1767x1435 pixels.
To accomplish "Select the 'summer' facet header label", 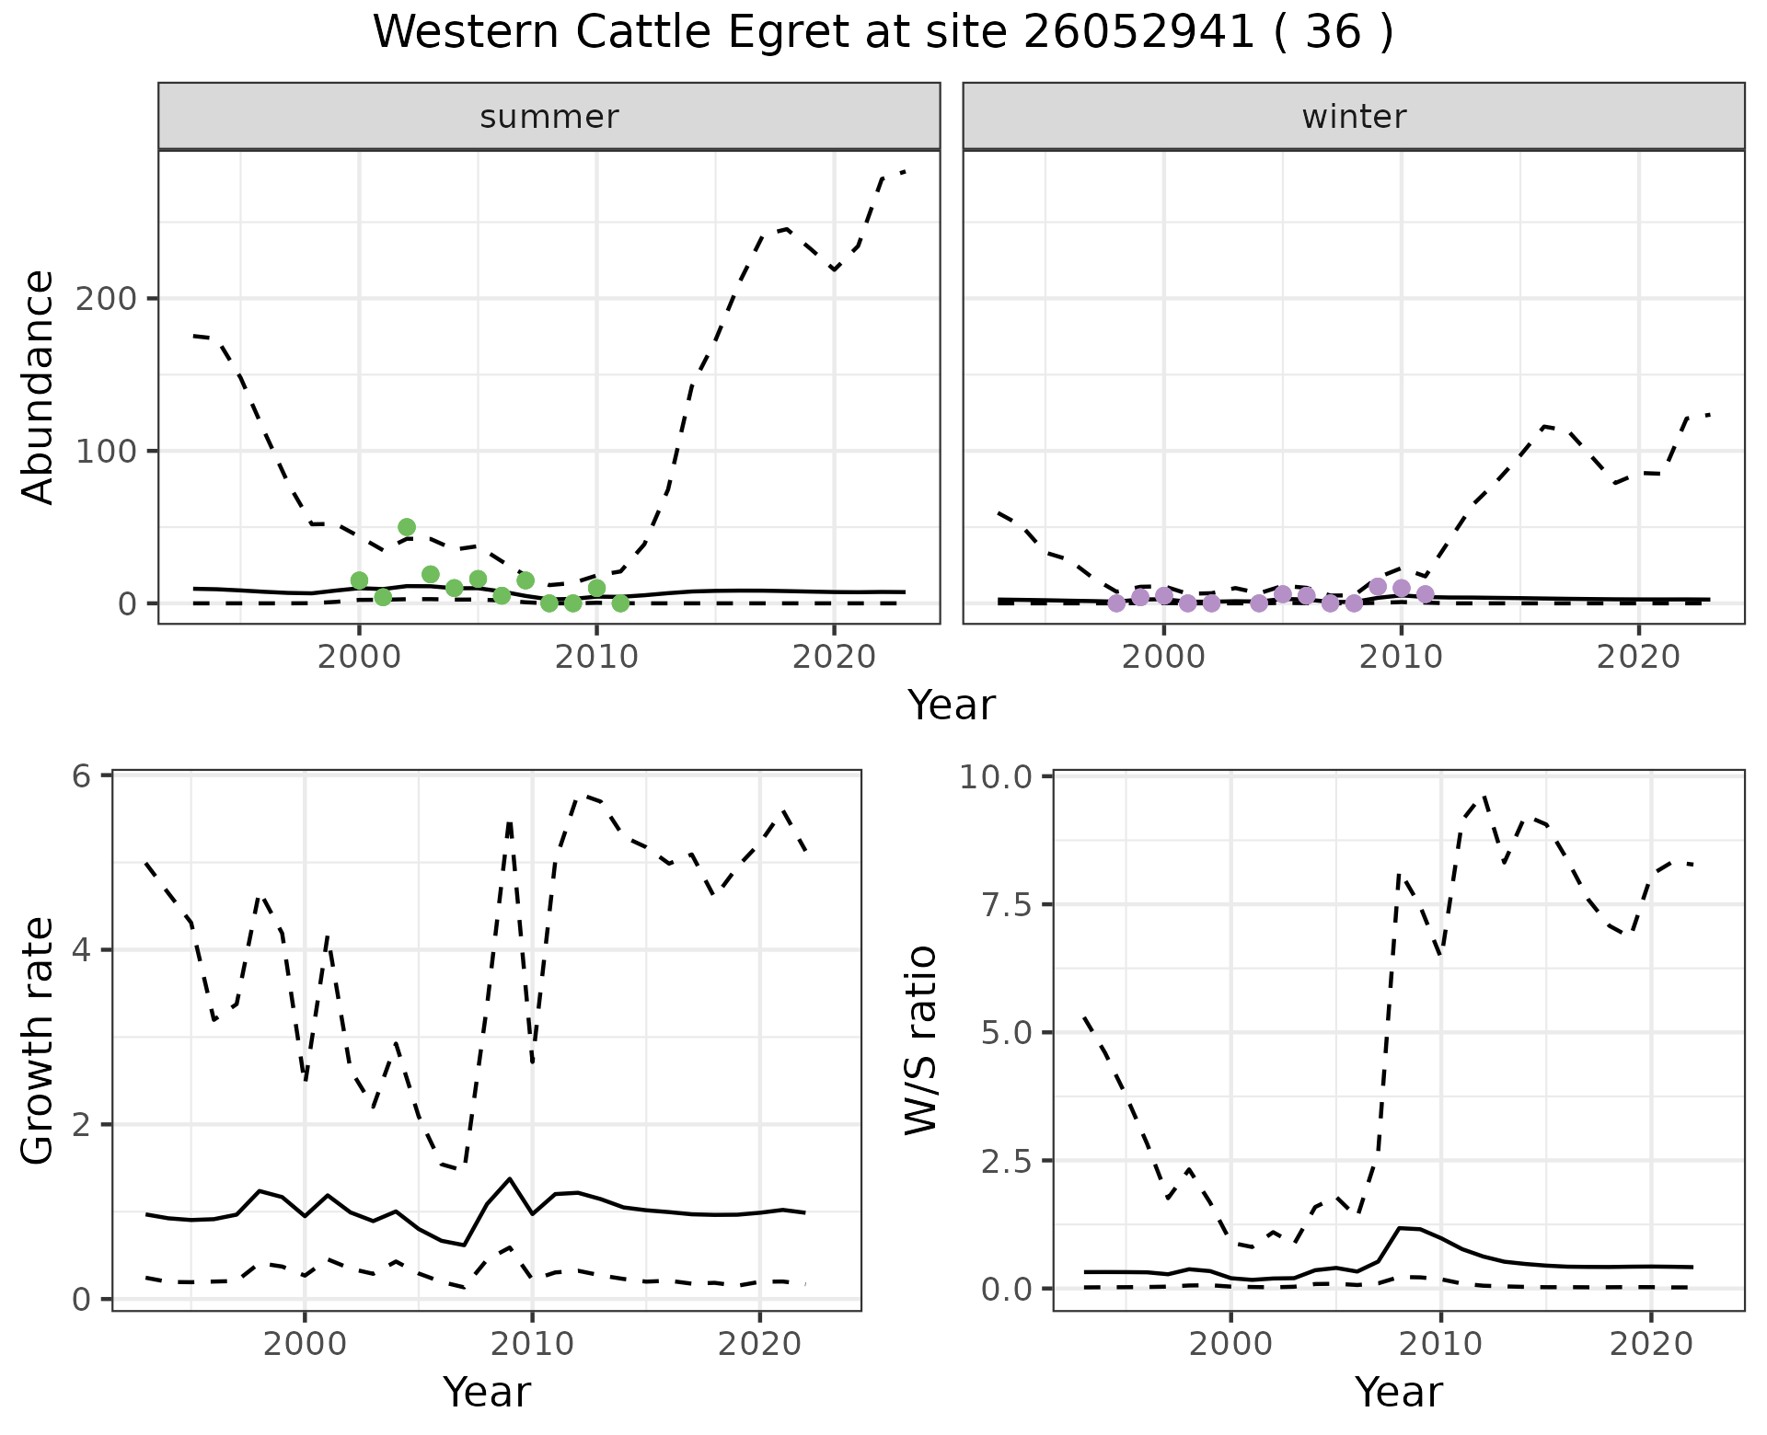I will [549, 117].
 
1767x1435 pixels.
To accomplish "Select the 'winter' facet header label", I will [1353, 117].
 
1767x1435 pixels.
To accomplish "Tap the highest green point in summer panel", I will [407, 527].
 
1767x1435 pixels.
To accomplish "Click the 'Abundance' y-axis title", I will [39, 387].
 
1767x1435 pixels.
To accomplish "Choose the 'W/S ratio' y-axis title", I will [920, 1040].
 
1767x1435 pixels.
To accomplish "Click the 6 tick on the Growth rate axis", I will [82, 776].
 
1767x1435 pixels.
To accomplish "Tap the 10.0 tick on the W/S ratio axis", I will [996, 776].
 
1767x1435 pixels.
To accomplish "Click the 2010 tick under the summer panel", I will [596, 657].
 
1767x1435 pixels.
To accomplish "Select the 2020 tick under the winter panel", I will [1638, 657].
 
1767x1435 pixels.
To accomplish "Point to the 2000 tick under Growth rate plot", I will [305, 1344].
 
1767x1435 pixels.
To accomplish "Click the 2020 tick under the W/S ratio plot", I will [1651, 1344].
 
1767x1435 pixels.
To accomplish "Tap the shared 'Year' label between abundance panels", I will [952, 706].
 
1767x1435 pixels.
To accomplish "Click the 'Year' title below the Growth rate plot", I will [487, 1392].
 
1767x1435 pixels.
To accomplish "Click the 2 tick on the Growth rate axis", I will [82, 1125].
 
